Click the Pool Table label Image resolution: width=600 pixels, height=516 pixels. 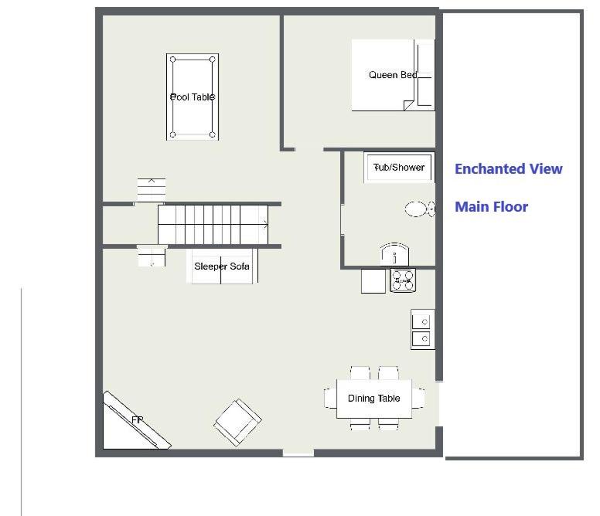pyautogui.click(x=192, y=97)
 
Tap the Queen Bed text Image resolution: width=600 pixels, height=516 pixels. pyautogui.click(x=393, y=75)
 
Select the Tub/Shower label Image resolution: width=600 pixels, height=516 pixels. pyautogui.click(x=399, y=168)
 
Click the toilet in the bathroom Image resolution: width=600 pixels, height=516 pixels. pyautogui.click(x=420, y=209)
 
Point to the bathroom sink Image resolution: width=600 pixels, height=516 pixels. pyautogui.click(x=394, y=254)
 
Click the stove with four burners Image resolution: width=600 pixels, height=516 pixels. pyautogui.click(x=403, y=280)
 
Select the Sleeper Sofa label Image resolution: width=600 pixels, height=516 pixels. pyautogui.click(x=222, y=266)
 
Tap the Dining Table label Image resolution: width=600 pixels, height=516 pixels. pyautogui.click(x=374, y=399)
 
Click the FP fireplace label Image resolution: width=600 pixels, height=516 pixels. pyautogui.click(x=137, y=420)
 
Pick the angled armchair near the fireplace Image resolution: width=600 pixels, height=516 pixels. pyautogui.click(x=237, y=423)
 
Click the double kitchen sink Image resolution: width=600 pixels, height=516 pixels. pyautogui.click(x=422, y=330)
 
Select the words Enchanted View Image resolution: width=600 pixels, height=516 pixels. pyautogui.click(x=509, y=168)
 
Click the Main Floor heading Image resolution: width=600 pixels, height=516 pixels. pyautogui.click(x=491, y=207)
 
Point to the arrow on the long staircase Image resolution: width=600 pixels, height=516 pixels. pyautogui.click(x=264, y=225)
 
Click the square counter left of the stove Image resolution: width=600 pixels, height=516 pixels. pyautogui.click(x=373, y=281)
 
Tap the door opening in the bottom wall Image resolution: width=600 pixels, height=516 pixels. pyautogui.click(x=298, y=453)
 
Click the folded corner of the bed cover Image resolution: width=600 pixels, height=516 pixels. pyautogui.click(x=408, y=105)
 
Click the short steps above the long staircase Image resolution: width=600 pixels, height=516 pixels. pyautogui.click(x=152, y=189)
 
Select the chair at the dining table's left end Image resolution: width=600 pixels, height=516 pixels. pyautogui.click(x=330, y=399)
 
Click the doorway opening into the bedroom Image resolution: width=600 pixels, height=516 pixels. pyautogui.click(x=309, y=148)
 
